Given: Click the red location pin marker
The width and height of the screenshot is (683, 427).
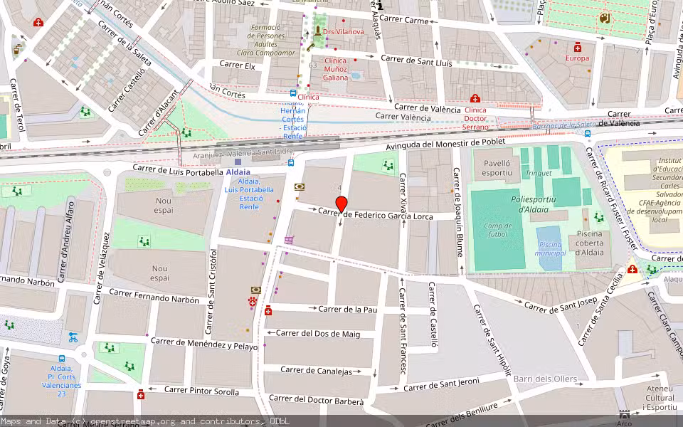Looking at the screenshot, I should (341, 204).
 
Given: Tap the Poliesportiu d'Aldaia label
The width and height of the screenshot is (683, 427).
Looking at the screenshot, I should (538, 204).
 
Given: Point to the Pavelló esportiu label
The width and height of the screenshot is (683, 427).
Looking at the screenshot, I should (497, 167).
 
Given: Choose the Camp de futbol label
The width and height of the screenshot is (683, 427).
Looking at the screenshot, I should (498, 230).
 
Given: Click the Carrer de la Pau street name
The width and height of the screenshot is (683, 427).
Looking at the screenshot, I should (347, 309).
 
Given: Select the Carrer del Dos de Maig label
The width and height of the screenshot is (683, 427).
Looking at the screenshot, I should (318, 333).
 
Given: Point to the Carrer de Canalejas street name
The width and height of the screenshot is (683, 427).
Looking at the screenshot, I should (317, 371).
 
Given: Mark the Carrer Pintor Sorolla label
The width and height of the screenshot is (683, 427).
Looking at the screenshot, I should (202, 391).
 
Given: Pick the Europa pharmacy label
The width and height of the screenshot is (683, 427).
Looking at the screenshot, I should (577, 58).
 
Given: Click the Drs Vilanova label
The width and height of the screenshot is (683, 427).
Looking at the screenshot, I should (343, 31).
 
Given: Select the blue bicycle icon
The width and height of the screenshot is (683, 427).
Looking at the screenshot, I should (73, 337).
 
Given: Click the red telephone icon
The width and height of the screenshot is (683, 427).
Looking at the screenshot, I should (253, 302).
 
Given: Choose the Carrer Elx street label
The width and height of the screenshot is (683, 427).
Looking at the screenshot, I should (237, 64).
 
